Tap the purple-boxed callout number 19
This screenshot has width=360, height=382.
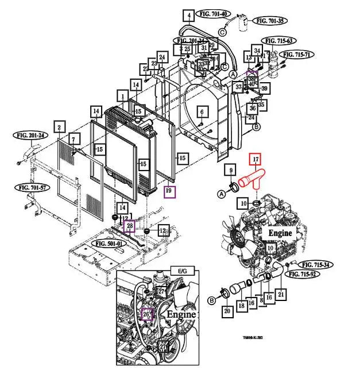point(169,191)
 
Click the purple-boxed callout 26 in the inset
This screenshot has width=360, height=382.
point(146,314)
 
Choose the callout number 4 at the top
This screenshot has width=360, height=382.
point(188,15)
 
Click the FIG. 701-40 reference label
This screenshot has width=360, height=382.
point(214,13)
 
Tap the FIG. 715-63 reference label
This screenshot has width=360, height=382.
point(280,41)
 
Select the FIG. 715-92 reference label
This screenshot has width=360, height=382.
point(304,275)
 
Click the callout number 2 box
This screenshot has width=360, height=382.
point(59,126)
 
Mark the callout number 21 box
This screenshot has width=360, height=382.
point(281,295)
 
